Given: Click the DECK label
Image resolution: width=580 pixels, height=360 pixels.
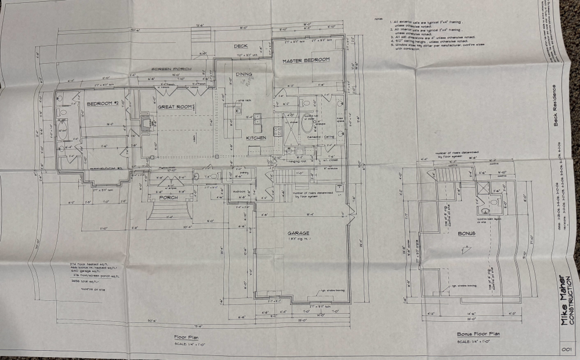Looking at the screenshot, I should (241, 46).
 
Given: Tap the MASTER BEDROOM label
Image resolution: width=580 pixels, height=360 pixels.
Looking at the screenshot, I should (306, 60).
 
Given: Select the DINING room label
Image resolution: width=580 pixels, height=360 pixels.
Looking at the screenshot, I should (244, 74).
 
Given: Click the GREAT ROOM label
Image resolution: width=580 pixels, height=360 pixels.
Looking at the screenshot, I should (175, 107).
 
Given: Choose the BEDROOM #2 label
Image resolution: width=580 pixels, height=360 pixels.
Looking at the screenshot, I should (103, 104).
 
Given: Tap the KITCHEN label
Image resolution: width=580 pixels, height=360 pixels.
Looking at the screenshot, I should (256, 138).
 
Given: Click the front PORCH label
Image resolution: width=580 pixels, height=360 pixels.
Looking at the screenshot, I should (168, 198).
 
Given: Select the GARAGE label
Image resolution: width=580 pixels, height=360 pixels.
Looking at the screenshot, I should (298, 234).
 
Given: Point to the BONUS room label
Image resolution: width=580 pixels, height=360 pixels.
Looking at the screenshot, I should (466, 234).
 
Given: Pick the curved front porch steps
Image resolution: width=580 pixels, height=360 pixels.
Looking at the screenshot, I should (169, 210).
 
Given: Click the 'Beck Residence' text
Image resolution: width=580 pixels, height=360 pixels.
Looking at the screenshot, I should (554, 106).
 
